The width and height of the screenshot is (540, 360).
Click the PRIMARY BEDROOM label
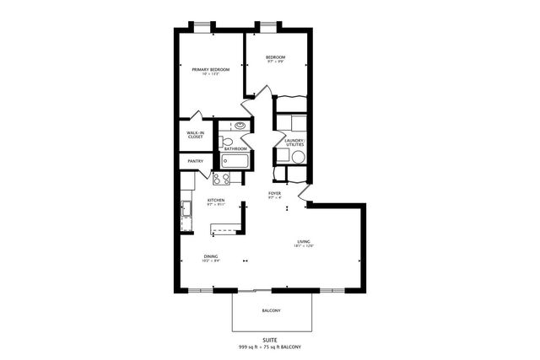pyautogui.click(x=210, y=69)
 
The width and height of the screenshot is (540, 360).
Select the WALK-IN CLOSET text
pyautogui.click(x=195, y=134)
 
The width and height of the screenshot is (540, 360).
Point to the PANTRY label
pyautogui.click(x=195, y=161)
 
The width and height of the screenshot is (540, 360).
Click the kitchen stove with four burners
pyautogui.click(x=222, y=179)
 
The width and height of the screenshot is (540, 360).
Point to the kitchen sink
pyautogui.click(x=185, y=208)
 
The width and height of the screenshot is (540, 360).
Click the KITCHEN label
pyautogui.click(x=216, y=201)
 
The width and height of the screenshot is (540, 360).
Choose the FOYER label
pyautogui.click(x=274, y=194)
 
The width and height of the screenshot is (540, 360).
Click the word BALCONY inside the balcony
pyautogui.click(x=271, y=311)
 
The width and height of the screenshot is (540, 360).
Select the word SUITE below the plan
pyautogui.click(x=270, y=340)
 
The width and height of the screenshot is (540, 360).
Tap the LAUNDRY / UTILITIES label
pyautogui.click(x=294, y=142)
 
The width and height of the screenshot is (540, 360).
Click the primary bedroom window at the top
pyautogui.click(x=201, y=25)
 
